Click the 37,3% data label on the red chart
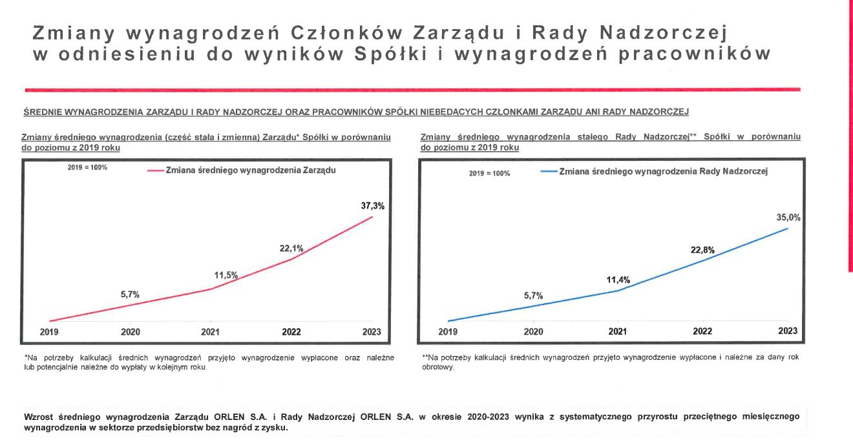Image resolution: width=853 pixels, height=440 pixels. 372,206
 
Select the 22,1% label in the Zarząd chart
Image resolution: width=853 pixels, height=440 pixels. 291,248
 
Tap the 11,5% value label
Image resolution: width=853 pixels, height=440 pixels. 226,275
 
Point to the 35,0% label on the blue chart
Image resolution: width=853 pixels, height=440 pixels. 788,218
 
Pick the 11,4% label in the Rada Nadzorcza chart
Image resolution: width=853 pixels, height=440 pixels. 618,280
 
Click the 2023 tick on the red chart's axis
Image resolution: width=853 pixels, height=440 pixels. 372,332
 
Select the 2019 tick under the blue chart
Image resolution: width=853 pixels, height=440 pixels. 448,331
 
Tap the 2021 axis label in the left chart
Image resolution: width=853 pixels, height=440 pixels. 210,332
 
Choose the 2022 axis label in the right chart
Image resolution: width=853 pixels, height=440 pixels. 702,331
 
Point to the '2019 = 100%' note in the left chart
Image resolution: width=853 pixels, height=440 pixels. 87,168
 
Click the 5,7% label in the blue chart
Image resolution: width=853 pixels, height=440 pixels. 533,295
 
